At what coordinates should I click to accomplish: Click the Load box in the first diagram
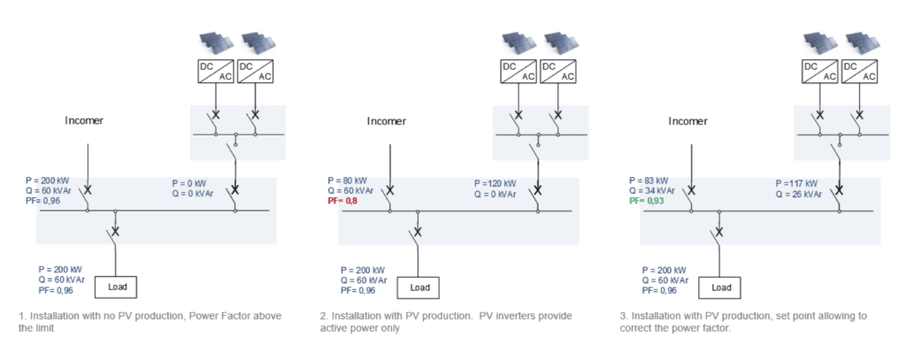pyautogui.click(x=116, y=287)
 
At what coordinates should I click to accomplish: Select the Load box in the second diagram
pyautogui.click(x=418, y=287)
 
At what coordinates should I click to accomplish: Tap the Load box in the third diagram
pyautogui.click(x=719, y=287)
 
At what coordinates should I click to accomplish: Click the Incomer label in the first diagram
pyautogui.click(x=84, y=121)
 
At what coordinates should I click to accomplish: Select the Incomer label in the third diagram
pyautogui.click(x=687, y=121)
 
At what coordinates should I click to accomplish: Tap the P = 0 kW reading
pyautogui.click(x=189, y=183)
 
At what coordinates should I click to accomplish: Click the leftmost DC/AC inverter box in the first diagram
pyautogui.click(x=216, y=71)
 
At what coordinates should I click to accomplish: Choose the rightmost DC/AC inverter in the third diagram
pyautogui.click(x=860, y=71)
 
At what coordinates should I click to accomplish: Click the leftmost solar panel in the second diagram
pyautogui.click(x=518, y=41)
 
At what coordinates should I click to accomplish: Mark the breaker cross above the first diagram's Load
pyautogui.click(x=116, y=232)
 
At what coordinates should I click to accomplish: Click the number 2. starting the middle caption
pyautogui.click(x=324, y=316)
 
